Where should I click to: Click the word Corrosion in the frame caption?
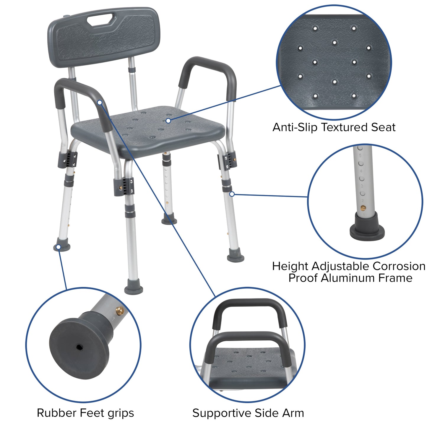coord(399,266)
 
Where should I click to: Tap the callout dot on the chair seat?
coord(168,121)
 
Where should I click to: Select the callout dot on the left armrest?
coord(100,102)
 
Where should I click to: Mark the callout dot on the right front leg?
coord(232,194)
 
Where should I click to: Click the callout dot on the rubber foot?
coord(59,247)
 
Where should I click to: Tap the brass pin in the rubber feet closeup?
coord(120,310)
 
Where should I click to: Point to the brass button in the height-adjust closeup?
coord(363,208)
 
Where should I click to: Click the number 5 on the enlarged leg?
coord(360,155)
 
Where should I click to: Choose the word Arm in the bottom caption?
coord(294,413)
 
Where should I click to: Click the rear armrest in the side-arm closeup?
coord(249,304)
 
